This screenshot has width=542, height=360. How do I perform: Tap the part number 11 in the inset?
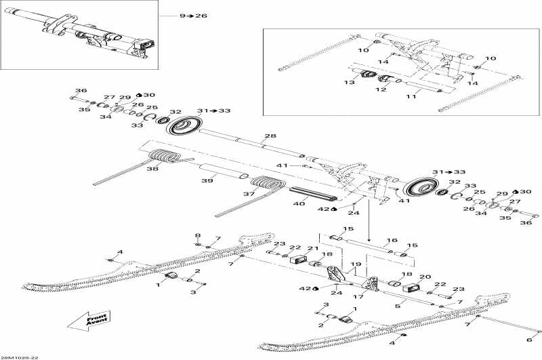pyautogui.click(x=410, y=98)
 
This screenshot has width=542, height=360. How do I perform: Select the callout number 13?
pyautogui.click(x=350, y=83)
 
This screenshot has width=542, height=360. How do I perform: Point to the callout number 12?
pyautogui.click(x=382, y=89)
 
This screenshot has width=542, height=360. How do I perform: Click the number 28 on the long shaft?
pyautogui.click(x=270, y=137)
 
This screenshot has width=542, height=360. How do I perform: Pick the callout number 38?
pyautogui.click(x=153, y=169)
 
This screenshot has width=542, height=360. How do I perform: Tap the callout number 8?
pyautogui.click(x=198, y=235)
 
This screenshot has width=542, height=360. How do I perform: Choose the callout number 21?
pyautogui.click(x=312, y=249)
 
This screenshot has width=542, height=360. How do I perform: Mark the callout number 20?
pyautogui.click(x=425, y=277)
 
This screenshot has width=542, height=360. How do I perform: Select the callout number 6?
pyautogui.click(x=530, y=341)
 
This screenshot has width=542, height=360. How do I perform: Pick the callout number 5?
pyautogui.click(x=397, y=306)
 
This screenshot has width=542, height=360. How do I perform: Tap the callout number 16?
pyautogui.click(x=392, y=241)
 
